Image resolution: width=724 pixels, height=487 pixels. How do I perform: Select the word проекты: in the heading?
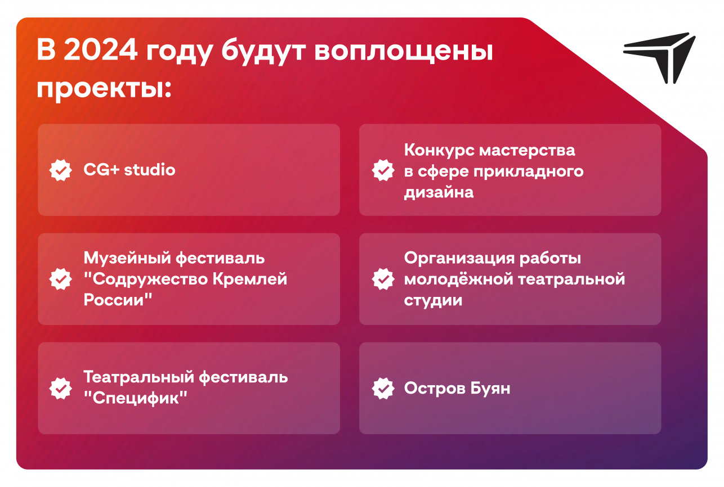pyautogui.click(x=104, y=88)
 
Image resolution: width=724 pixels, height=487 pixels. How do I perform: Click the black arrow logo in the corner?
pyautogui.click(x=659, y=57)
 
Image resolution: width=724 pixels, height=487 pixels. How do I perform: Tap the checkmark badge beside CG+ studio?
pyautogui.click(x=60, y=170)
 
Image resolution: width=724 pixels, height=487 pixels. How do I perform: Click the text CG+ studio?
pyautogui.click(x=129, y=169)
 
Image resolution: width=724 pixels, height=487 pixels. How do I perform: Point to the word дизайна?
pyautogui.click(x=439, y=192)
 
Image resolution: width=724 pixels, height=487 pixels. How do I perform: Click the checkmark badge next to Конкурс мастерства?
pyautogui.click(x=383, y=170)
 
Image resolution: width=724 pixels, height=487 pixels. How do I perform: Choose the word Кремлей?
pyautogui.click(x=249, y=279)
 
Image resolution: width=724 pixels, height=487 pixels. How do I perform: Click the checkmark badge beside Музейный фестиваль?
pyautogui.click(x=60, y=279)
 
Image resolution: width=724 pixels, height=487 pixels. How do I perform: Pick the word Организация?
pyautogui.click(x=459, y=258)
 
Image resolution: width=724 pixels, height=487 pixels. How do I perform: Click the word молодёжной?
pyautogui.click(x=459, y=279)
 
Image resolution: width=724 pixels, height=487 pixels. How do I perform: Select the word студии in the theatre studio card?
pyautogui.click(x=433, y=300)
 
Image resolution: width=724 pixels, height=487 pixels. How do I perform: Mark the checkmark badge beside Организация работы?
pyautogui.click(x=383, y=279)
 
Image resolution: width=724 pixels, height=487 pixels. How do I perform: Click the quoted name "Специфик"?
pyautogui.click(x=136, y=398)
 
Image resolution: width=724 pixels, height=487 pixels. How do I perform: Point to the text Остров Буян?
pyautogui.click(x=457, y=388)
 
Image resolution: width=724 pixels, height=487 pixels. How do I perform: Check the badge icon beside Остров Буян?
pyautogui.click(x=383, y=388)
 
